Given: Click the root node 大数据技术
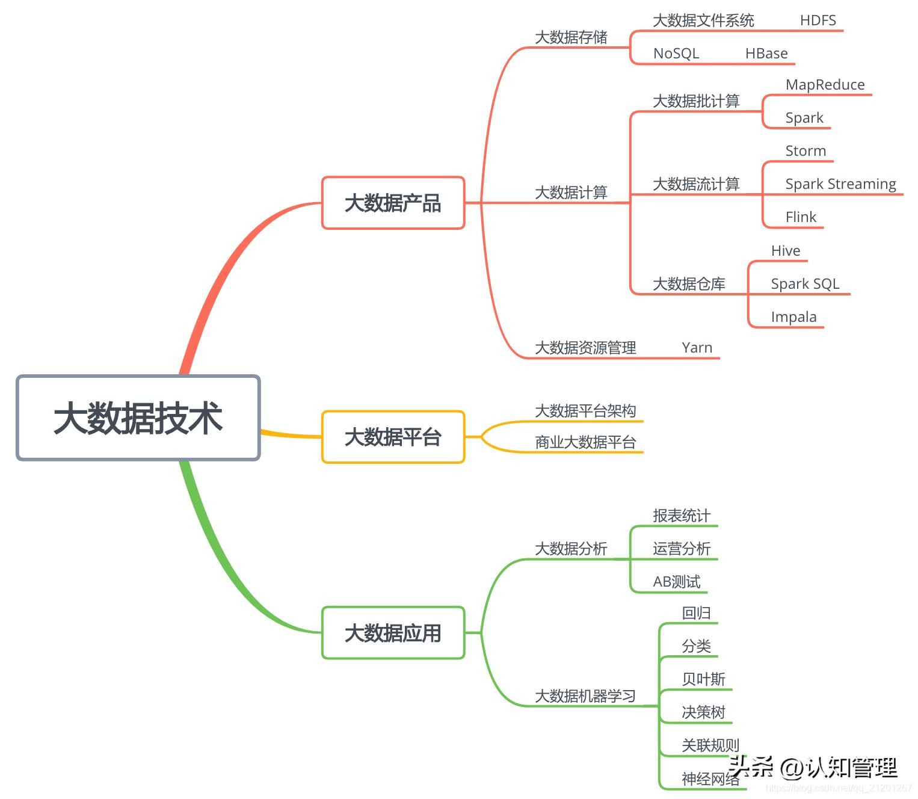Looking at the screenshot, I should tap(138, 418).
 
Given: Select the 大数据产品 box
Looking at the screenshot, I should tap(393, 203).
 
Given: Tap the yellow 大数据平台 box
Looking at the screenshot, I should tap(393, 437).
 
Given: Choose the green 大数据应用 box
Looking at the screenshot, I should tap(393, 633).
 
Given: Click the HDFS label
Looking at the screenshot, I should tap(818, 20).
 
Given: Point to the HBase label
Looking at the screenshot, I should tap(766, 54).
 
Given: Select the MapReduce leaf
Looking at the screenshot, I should tap(825, 85).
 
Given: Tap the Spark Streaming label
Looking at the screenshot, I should tap(840, 184).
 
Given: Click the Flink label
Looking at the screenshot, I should tap(801, 217).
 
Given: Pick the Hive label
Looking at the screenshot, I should tap(786, 251).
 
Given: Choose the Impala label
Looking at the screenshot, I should tap(793, 317).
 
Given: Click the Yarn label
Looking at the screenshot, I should tap(697, 348).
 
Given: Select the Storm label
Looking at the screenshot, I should tap(806, 151).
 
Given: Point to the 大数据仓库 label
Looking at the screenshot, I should tap(689, 284).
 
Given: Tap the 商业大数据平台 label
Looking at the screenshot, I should tap(585, 443).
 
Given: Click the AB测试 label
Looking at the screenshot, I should tap(677, 582).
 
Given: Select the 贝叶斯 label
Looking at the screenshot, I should tap(703, 679).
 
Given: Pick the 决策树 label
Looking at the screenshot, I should tap(703, 712).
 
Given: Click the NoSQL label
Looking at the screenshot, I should tap(676, 54).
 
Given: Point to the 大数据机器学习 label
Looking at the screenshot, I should tap(585, 696).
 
